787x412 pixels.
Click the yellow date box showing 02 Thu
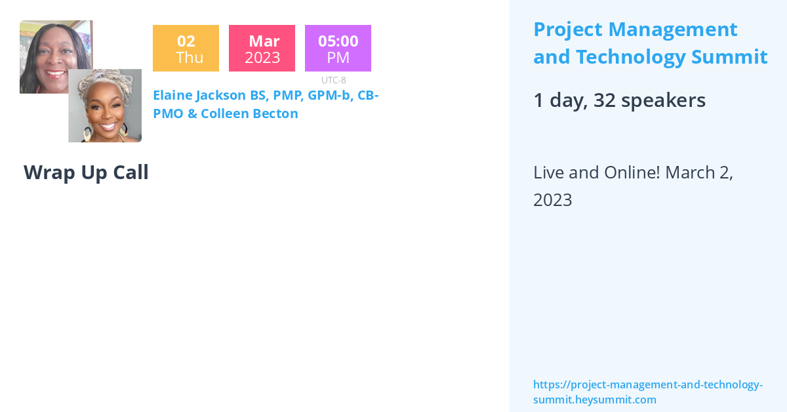pos(186,48)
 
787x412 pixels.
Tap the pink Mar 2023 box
pos(262,48)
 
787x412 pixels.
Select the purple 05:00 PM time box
pos(338,48)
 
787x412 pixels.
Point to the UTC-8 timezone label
pos(333,80)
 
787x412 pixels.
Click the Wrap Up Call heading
pos(86,173)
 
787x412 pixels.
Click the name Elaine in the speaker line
pos(172,95)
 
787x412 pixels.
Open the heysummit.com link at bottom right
pos(647,392)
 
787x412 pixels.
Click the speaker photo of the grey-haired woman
pos(105,105)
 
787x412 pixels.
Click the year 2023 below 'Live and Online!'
pos(552,200)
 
